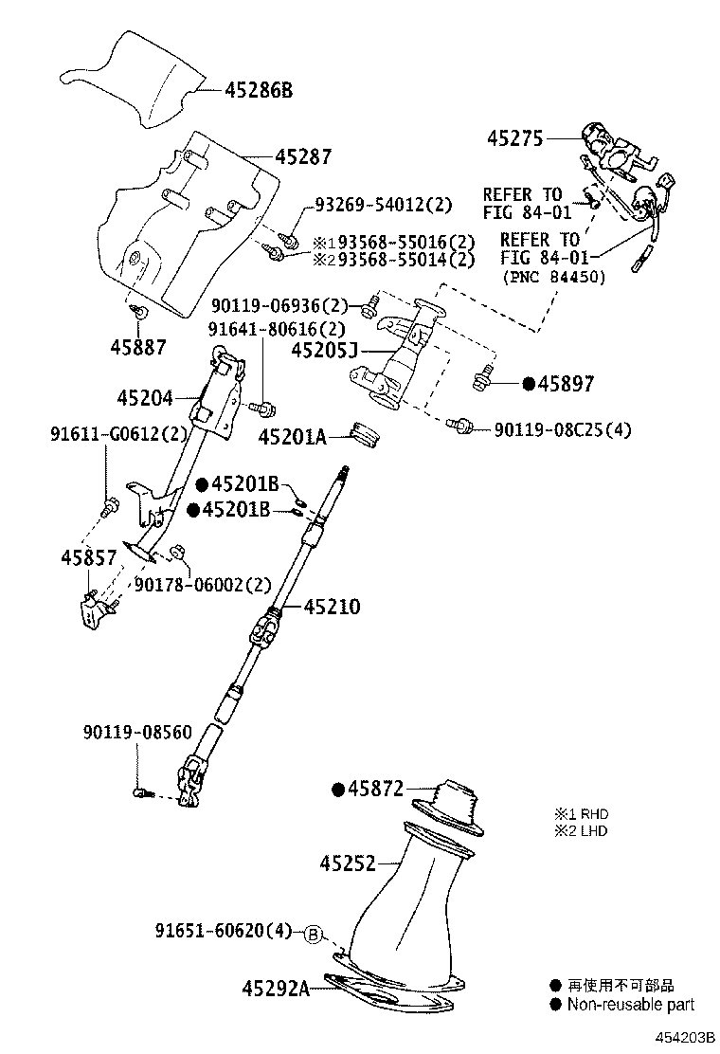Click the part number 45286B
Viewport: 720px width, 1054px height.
point(259,90)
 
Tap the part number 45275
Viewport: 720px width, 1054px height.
point(515,138)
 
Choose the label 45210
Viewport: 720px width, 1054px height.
point(332,607)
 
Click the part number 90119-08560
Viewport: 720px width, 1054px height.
point(137,732)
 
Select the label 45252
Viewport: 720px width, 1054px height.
point(347,863)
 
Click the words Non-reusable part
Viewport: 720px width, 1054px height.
point(630,1005)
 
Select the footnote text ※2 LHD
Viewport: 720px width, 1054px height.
point(581,831)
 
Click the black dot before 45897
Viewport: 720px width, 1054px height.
point(529,384)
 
